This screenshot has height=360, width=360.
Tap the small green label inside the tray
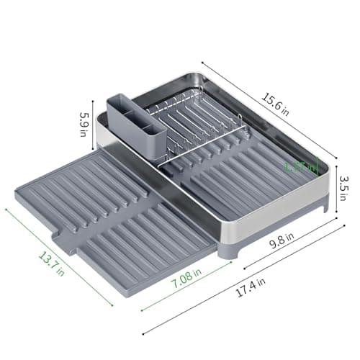click(300, 166)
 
